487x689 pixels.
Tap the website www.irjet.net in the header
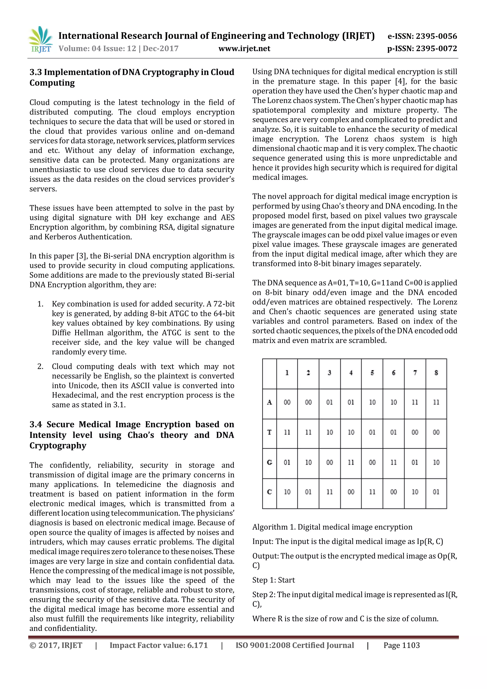pos(244,49)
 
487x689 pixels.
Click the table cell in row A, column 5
pos(372,402)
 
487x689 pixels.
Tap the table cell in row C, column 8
pos(436,492)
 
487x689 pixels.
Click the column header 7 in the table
pos(415,373)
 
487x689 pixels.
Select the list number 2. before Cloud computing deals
pos(40,366)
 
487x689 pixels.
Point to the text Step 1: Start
pos(273,580)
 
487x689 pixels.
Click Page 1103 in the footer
pos(402,645)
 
